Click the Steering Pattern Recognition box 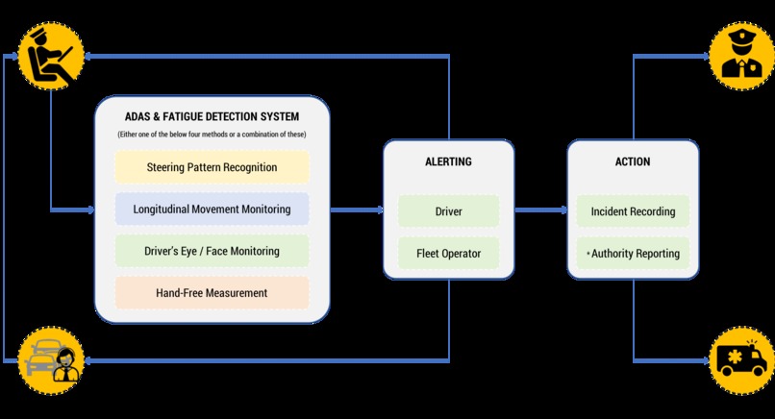coord(212,167)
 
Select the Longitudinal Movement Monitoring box coord(212,209)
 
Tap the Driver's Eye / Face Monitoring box coord(212,251)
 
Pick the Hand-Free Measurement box coord(212,292)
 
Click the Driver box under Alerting coord(449,211)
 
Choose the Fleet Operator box coord(449,254)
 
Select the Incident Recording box coord(633,211)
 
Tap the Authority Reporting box coord(633,254)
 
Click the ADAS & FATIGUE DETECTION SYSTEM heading coord(212,116)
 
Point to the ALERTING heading coord(449,161)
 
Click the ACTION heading coord(633,161)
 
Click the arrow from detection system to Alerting coord(356,209)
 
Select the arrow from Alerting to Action coord(539,209)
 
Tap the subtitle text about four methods coord(212,133)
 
